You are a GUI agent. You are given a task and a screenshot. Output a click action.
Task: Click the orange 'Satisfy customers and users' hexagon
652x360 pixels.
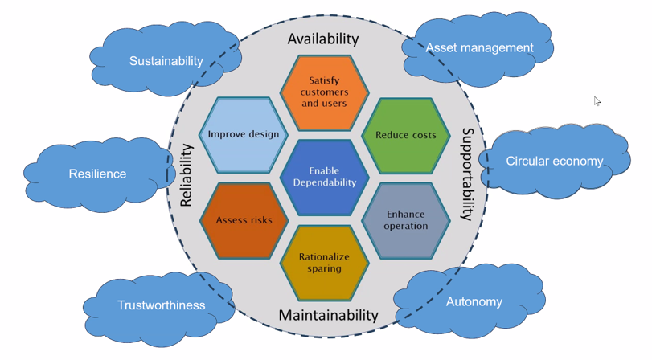324,92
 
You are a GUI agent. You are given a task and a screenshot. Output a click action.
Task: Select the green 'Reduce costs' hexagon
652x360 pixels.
405,135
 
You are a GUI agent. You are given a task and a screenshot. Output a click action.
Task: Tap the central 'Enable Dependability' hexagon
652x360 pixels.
324,177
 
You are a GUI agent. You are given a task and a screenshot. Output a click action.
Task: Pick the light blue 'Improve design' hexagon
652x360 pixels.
243,134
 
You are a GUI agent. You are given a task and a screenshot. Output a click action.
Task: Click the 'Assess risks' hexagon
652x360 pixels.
244,220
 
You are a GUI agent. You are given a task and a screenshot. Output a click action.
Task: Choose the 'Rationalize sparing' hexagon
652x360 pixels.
324,263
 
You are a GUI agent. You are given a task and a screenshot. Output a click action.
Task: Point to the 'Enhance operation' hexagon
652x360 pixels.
405,220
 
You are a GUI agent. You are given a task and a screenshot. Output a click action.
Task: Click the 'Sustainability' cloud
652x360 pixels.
166,61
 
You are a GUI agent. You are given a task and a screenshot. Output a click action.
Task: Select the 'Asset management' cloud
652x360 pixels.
479,48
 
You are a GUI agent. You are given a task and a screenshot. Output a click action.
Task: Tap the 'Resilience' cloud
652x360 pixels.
97,174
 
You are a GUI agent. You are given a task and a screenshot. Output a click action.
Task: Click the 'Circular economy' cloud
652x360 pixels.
554,162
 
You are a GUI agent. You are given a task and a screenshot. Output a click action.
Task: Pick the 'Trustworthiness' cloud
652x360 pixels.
161,305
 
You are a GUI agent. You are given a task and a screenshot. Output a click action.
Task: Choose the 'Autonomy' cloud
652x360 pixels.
474,302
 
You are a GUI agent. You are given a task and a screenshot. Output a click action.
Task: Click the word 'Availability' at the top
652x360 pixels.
323,39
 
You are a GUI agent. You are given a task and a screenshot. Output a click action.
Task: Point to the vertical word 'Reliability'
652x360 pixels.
186,175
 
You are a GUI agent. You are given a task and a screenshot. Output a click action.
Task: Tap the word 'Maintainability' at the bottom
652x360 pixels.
328,315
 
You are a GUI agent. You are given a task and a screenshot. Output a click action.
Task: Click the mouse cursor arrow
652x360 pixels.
597,100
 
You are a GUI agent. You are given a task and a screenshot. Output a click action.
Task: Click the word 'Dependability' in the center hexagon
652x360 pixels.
324,182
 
